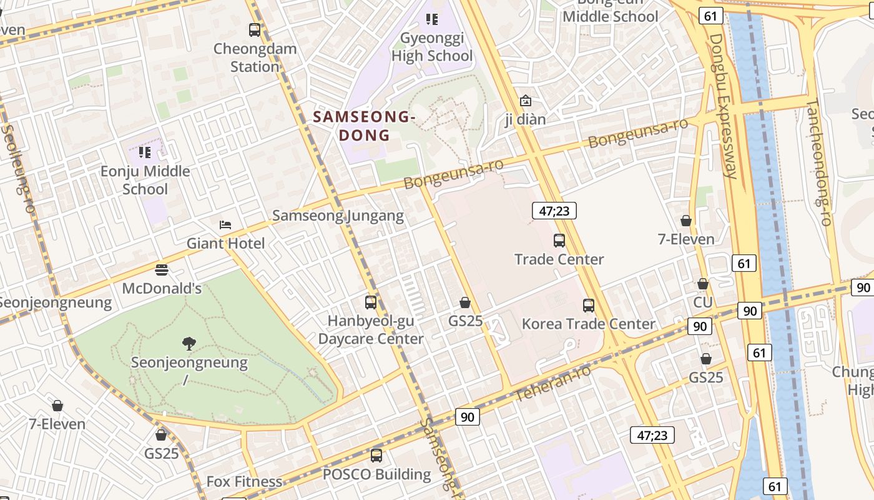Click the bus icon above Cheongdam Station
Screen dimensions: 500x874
click(x=254, y=29)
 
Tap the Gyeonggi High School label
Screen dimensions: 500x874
click(x=432, y=47)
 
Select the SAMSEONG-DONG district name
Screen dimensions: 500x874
click(x=364, y=126)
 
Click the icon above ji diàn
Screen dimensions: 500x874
click(x=526, y=101)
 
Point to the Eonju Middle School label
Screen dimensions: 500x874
click(x=145, y=180)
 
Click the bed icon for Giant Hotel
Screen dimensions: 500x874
click(x=225, y=225)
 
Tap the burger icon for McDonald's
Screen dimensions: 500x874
click(x=162, y=270)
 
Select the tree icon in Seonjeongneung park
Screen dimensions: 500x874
click(x=189, y=343)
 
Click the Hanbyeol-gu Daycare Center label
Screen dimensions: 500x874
click(x=371, y=330)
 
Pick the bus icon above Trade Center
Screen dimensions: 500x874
click(x=559, y=241)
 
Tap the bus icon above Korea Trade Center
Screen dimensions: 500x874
click(x=589, y=306)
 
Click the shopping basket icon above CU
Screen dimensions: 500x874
click(x=703, y=284)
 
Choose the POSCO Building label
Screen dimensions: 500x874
click(x=376, y=474)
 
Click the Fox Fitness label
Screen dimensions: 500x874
click(x=244, y=482)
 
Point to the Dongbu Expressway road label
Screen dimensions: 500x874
click(x=724, y=106)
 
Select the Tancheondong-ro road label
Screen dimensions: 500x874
click(x=819, y=162)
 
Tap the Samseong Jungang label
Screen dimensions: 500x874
click(x=338, y=216)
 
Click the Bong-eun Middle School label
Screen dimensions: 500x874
click(x=610, y=12)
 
